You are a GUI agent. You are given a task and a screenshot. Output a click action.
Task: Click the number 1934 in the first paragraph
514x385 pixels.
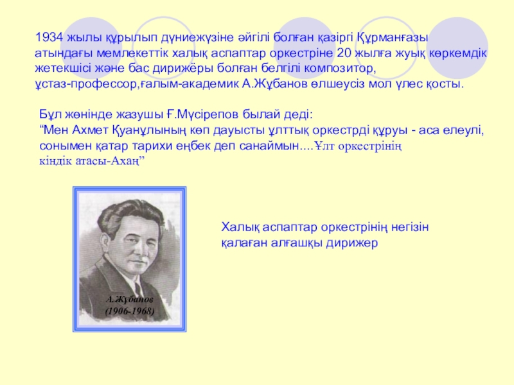(48, 37)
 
